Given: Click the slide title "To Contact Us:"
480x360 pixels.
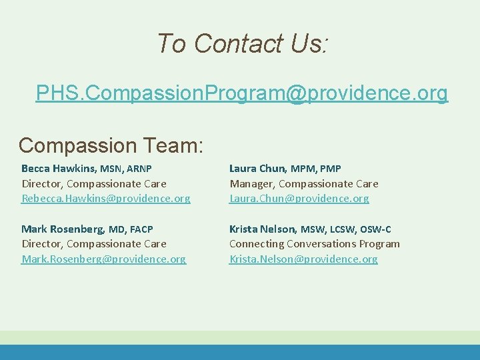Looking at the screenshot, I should pyautogui.click(x=242, y=44).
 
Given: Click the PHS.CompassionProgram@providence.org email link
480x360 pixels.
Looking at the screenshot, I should pyautogui.click(x=242, y=94).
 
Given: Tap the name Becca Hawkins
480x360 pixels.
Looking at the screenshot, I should pyautogui.click(x=59, y=169).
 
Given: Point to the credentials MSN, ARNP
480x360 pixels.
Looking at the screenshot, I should pyautogui.click(x=126, y=169).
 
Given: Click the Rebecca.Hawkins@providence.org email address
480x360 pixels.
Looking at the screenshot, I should pyautogui.click(x=106, y=199).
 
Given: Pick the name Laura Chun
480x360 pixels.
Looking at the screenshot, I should pyautogui.click(x=258, y=169).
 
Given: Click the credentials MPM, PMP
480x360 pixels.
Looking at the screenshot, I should pyautogui.click(x=315, y=169).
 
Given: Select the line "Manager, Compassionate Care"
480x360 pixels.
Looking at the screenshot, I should pyautogui.click(x=303, y=183).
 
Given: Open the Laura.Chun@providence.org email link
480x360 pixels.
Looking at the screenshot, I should pyautogui.click(x=299, y=199).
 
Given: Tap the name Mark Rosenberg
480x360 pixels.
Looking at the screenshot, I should pyautogui.click(x=63, y=229).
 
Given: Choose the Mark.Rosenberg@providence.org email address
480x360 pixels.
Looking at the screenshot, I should pyautogui.click(x=104, y=259).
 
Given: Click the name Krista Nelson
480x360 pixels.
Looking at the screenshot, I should pyautogui.click(x=263, y=229).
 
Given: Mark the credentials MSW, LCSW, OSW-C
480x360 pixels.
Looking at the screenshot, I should pyautogui.click(x=346, y=229).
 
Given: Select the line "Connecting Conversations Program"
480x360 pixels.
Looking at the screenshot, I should pyautogui.click(x=314, y=243).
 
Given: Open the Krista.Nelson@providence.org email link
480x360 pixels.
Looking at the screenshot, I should pyautogui.click(x=303, y=259).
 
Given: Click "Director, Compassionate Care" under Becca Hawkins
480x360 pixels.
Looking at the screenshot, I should pyautogui.click(x=94, y=183).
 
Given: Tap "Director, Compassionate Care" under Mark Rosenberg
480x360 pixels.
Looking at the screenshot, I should pyautogui.click(x=94, y=243).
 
